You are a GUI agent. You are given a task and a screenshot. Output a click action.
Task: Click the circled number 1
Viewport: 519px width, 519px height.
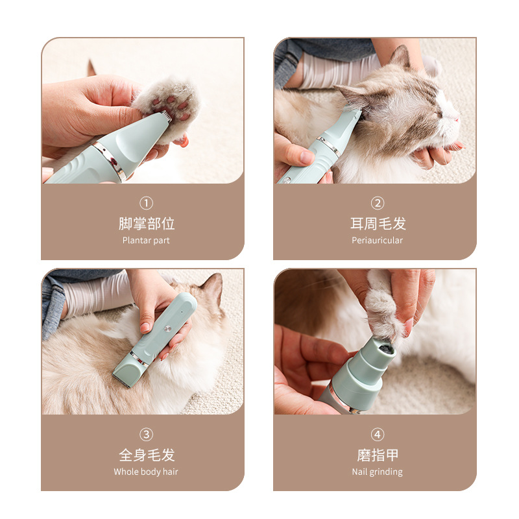click(147, 203)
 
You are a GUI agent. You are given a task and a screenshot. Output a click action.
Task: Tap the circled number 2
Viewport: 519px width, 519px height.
click(378, 203)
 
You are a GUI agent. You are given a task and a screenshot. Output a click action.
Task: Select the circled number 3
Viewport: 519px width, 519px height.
click(147, 435)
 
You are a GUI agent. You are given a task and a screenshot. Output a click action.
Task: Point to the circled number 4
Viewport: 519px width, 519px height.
click(378, 435)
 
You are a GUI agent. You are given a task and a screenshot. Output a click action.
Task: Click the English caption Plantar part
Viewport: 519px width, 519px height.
click(146, 240)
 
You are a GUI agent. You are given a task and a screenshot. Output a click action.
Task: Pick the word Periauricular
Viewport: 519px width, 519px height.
click(378, 240)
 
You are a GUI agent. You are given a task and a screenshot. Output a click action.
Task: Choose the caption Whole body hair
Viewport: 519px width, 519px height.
click(146, 472)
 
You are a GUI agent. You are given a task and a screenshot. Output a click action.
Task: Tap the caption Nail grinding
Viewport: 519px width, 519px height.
click(378, 472)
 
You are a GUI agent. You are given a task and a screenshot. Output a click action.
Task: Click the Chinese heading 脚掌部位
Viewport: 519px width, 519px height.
click(147, 224)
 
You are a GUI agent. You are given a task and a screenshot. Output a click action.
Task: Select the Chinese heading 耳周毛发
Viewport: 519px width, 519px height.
click(378, 224)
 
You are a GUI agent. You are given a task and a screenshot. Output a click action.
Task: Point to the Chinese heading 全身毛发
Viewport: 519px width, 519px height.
click(147, 455)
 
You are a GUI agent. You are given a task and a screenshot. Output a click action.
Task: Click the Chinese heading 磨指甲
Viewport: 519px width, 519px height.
click(378, 455)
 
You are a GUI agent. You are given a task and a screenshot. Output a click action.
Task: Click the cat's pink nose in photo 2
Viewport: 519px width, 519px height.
click(456, 117)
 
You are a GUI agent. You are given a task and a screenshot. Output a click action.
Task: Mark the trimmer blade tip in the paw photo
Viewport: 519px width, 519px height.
click(163, 117)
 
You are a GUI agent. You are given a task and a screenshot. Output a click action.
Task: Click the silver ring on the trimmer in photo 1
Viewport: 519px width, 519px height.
click(110, 162)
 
